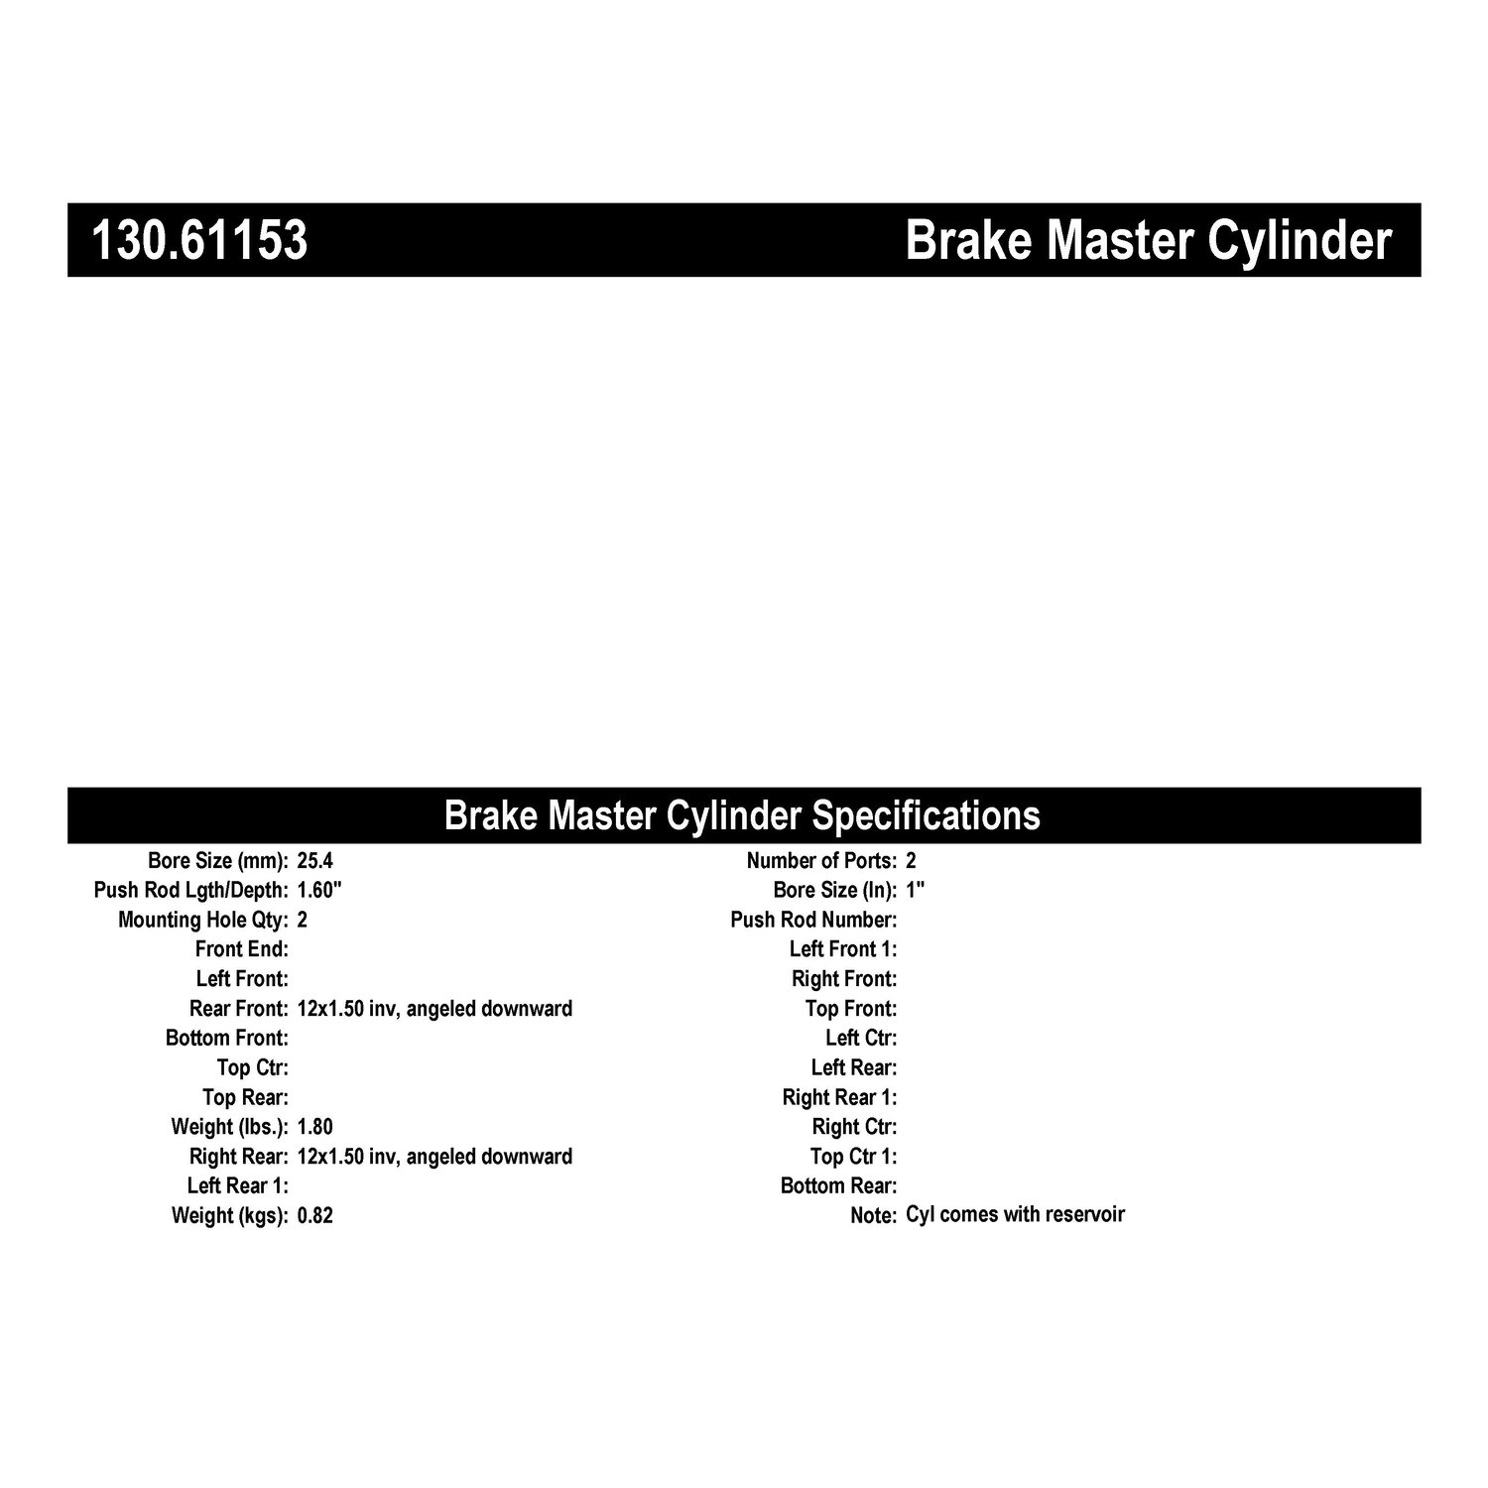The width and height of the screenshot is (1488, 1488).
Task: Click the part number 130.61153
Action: click(199, 241)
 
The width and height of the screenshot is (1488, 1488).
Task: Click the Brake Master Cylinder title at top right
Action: click(1148, 241)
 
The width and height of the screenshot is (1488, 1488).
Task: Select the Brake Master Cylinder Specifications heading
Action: click(742, 815)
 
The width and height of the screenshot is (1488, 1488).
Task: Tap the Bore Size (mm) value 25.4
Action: click(315, 861)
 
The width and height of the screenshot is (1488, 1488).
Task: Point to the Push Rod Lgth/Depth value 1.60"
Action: click(319, 890)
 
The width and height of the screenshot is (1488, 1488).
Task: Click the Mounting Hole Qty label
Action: click(202, 920)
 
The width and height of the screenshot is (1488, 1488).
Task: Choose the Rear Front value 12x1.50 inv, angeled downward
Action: click(434, 1009)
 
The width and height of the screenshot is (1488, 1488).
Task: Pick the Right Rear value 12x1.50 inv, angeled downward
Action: click(434, 1157)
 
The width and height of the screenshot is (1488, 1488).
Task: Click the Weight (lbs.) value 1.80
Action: click(315, 1127)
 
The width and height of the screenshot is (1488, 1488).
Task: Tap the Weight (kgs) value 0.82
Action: click(315, 1215)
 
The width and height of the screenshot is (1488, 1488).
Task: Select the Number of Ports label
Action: click(821, 861)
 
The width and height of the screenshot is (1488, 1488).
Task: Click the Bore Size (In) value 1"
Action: click(915, 890)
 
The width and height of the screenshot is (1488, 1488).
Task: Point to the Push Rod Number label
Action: click(813, 920)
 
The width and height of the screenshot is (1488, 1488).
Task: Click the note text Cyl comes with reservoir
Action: click(1015, 1214)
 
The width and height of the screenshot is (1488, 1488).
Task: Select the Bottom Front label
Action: click(227, 1039)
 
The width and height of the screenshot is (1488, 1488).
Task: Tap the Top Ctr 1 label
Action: click(853, 1157)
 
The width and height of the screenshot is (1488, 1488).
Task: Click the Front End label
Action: click(242, 949)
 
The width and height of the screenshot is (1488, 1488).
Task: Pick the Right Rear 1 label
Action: click(839, 1097)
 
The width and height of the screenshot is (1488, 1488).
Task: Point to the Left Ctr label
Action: click(860, 1039)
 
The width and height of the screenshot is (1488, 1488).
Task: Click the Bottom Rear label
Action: click(838, 1186)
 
